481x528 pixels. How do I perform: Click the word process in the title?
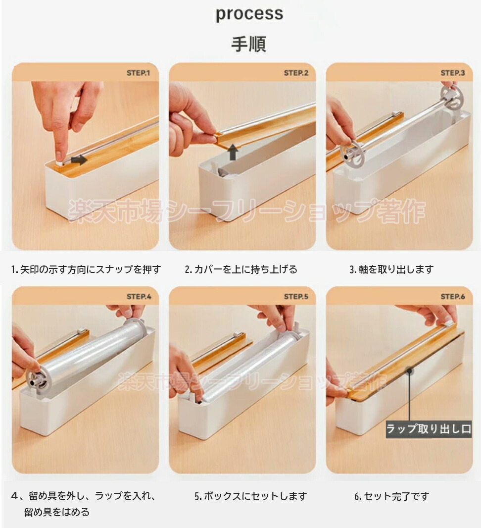(x=249, y=14)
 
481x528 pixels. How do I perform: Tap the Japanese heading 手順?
(x=248, y=44)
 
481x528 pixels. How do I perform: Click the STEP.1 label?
(x=138, y=73)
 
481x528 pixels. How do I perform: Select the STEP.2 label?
(x=296, y=73)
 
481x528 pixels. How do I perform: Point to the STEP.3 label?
(x=453, y=73)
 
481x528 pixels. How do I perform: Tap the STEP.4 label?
(x=139, y=297)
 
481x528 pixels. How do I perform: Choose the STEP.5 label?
(x=296, y=297)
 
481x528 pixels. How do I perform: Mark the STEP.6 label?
(x=453, y=297)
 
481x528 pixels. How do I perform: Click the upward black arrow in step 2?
(x=233, y=152)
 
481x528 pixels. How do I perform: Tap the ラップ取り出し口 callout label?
(x=429, y=429)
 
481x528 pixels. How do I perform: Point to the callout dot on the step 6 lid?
(x=409, y=371)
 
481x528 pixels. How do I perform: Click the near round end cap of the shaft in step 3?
(x=353, y=155)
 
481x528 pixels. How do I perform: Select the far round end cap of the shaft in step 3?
(x=452, y=97)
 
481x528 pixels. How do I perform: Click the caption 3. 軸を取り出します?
(x=391, y=269)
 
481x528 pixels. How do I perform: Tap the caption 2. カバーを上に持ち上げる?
(x=241, y=269)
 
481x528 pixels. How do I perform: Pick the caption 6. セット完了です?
(x=392, y=496)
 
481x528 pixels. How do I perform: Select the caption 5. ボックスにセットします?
(x=251, y=496)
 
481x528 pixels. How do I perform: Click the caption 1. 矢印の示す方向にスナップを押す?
(x=86, y=269)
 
